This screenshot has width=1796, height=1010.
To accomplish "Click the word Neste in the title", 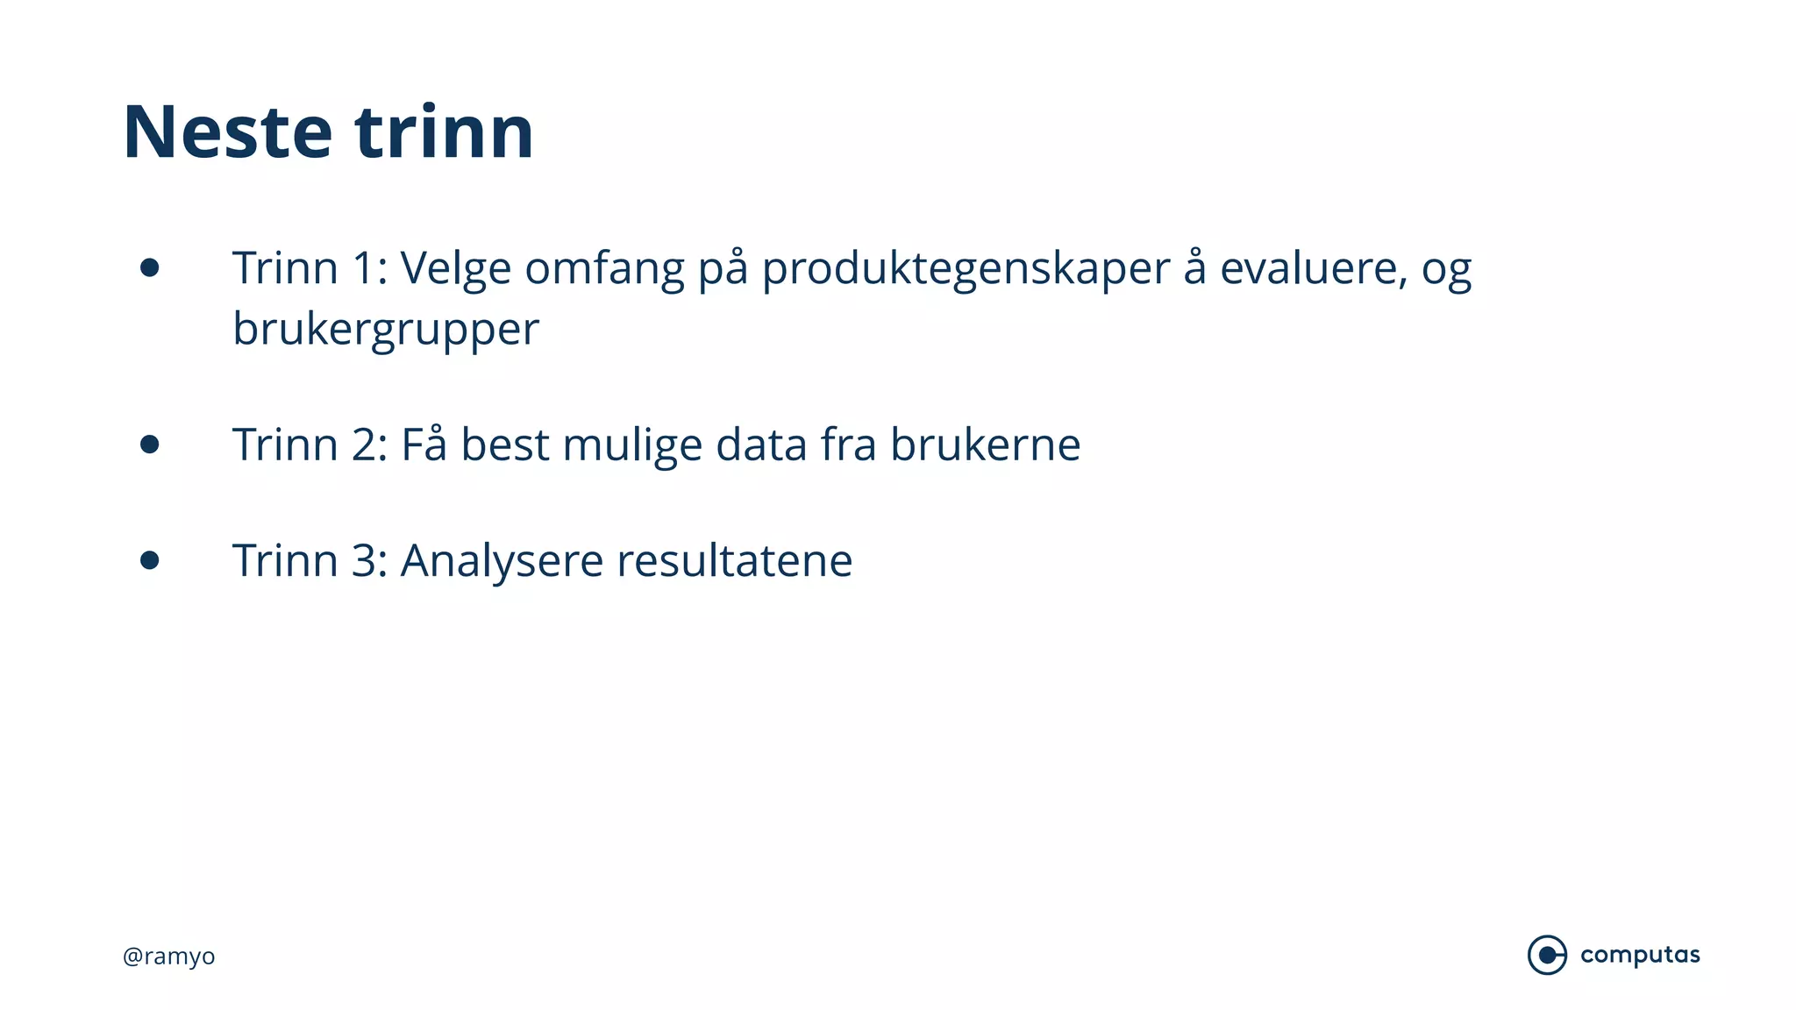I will [227, 132].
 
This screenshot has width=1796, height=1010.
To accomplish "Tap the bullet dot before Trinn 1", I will [150, 267].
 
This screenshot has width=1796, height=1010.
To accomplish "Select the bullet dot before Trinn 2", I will [150, 445].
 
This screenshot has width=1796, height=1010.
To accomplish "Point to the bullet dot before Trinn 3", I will [150, 560].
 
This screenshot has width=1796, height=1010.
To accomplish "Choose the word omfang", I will [604, 270].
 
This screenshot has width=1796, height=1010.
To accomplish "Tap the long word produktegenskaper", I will [966, 270].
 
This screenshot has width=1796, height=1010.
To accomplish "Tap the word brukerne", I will [985, 445].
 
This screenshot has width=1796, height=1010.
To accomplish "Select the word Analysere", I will [502, 562].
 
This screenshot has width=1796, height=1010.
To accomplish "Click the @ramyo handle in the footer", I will [169, 956].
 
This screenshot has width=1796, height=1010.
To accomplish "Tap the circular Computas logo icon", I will [1547, 955].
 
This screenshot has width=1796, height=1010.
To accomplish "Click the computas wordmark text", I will [1640, 955].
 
